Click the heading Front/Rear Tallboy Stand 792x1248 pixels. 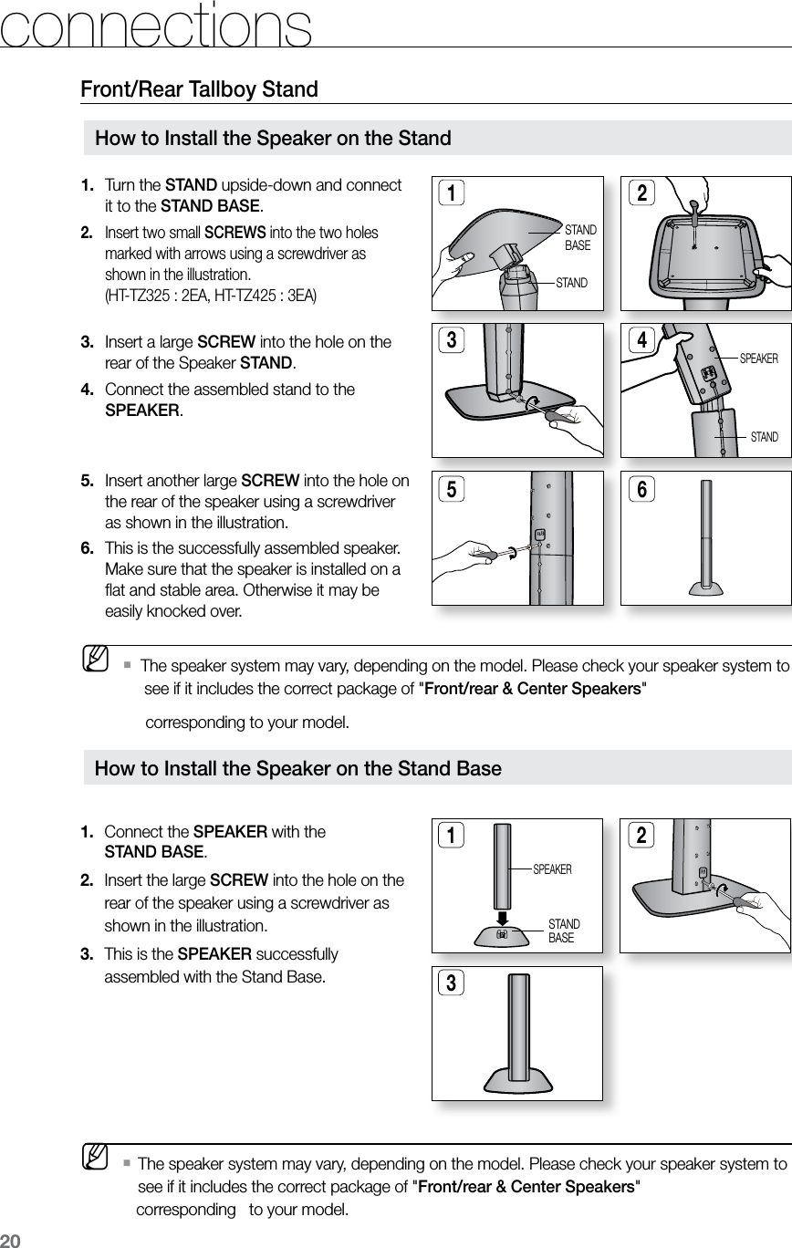[199, 89]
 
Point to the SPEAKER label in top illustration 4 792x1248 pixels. [758, 359]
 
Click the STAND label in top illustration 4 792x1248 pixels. [764, 438]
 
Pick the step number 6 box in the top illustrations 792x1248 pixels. [642, 489]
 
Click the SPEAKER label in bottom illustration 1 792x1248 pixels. [552, 869]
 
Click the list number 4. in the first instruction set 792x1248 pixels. [89, 390]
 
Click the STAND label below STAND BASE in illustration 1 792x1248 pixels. [572, 283]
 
